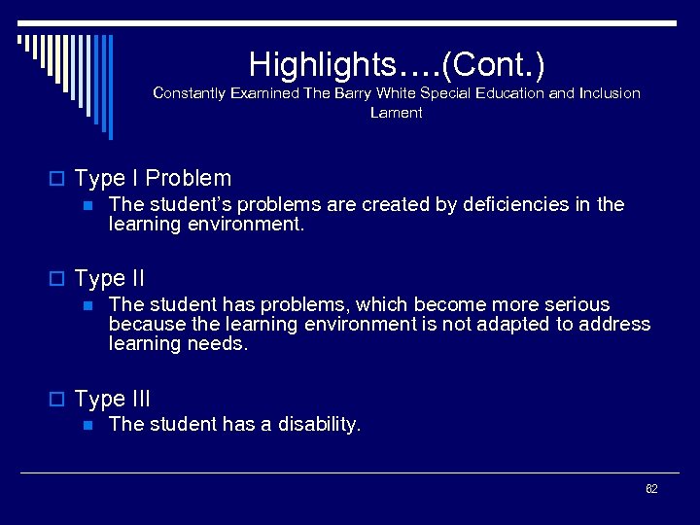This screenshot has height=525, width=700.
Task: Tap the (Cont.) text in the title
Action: coord(494,64)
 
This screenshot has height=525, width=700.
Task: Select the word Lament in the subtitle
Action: coord(396,113)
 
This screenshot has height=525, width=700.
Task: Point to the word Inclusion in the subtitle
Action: coord(610,93)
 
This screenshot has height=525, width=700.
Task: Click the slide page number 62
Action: coord(651,488)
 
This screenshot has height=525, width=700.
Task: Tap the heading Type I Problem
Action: coord(153,178)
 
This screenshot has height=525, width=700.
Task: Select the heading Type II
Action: coord(109,278)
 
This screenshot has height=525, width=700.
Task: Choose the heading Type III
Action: coord(112,399)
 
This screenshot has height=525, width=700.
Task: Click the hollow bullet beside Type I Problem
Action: coord(61,179)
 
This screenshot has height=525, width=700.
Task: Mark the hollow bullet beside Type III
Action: coord(61,400)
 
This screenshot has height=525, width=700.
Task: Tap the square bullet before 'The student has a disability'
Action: coord(87,425)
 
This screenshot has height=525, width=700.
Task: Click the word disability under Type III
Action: coord(319,424)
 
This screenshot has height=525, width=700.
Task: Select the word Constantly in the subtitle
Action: coord(189,93)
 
